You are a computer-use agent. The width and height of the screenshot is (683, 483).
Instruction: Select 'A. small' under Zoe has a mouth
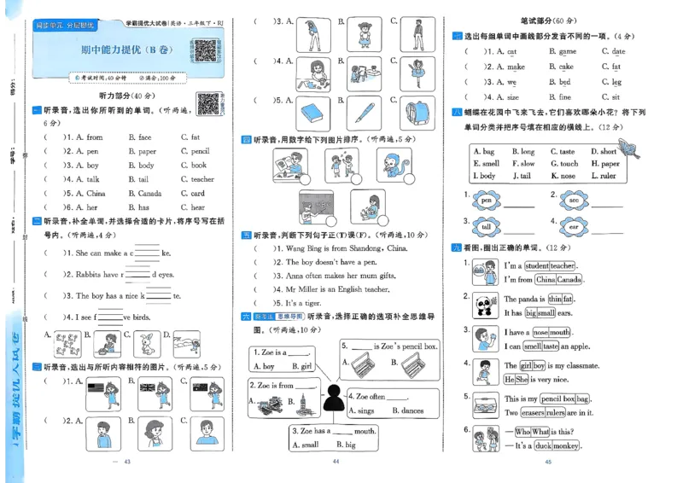(305, 445)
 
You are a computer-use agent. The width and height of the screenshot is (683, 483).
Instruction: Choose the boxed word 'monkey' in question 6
(565, 445)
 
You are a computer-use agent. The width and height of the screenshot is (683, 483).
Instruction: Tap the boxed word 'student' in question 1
(537, 266)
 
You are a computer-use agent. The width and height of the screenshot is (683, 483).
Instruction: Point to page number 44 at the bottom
(336, 462)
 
